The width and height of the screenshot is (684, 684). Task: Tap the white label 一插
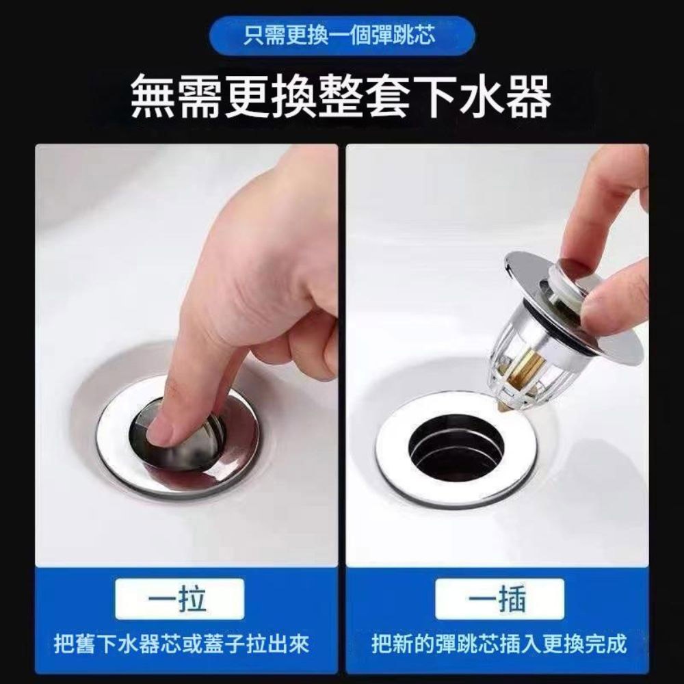pos(499,599)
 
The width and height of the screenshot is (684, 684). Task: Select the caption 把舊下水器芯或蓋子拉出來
pos(182,644)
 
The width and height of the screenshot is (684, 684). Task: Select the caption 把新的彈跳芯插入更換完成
pos(499,644)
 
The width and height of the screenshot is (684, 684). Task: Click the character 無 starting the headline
pos(157,98)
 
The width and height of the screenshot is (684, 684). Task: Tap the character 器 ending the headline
pos(527,98)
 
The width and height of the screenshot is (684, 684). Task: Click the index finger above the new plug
pos(595,205)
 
